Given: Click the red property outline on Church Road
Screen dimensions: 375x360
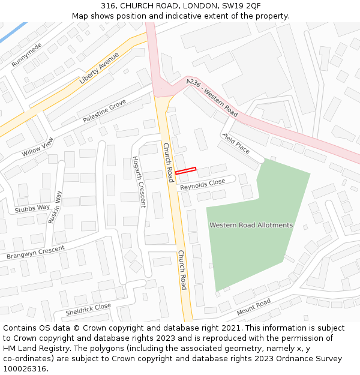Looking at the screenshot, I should point(185,171).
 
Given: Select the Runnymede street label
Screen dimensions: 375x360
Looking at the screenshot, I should point(26,55).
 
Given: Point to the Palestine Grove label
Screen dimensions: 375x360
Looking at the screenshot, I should point(104,112).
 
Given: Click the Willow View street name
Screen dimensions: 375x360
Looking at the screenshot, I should point(38,147).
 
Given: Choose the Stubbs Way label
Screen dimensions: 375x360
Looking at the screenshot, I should point(32,208).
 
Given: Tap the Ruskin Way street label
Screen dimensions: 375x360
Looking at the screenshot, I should point(55,207).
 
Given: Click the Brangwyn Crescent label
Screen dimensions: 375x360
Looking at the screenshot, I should point(35,253).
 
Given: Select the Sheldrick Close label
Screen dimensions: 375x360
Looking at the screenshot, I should point(88,310).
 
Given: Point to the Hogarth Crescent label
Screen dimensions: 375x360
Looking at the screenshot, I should point(139,181).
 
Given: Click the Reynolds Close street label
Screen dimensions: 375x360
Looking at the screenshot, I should point(202,185).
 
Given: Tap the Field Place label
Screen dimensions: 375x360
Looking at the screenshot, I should point(236,143).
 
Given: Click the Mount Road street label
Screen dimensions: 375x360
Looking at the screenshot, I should point(253,307).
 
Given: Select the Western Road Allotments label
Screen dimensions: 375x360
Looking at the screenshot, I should point(251,225).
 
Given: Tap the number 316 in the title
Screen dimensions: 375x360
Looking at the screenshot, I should point(108,5).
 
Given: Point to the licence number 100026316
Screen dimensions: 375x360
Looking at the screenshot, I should point(25,368).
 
